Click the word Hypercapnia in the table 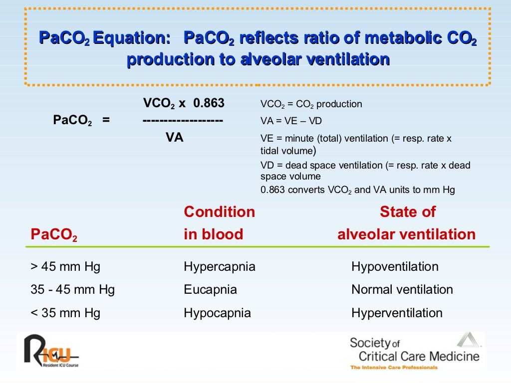(x=220, y=267)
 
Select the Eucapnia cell (x=210, y=290)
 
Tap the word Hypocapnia (x=217, y=313)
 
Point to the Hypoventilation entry (x=395, y=267)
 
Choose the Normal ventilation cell (x=402, y=290)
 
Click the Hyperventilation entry (x=397, y=313)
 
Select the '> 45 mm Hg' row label (x=65, y=267)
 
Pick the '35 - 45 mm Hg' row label (x=73, y=290)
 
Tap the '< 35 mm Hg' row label (x=65, y=313)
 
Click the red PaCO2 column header (x=54, y=235)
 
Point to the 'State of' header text (x=407, y=212)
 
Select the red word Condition (x=219, y=212)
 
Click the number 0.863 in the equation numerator (x=209, y=103)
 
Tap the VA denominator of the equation (x=174, y=138)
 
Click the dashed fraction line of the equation (x=182, y=121)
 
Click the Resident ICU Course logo (x=50, y=351)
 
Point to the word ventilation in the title (x=347, y=59)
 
